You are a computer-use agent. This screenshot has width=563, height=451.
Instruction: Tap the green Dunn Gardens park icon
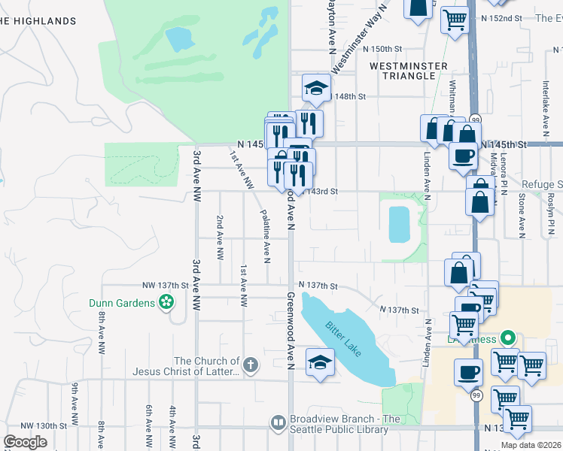(x=166, y=303)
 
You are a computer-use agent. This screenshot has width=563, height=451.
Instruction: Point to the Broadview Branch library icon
(x=278, y=423)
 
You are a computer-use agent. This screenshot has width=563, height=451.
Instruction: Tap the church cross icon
(x=251, y=366)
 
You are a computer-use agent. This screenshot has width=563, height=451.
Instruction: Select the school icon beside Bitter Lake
(x=320, y=363)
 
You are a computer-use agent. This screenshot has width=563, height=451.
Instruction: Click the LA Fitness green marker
(x=508, y=339)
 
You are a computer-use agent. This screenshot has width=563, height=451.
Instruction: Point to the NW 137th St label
(x=164, y=286)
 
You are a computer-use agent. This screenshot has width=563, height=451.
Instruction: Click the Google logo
(x=26, y=441)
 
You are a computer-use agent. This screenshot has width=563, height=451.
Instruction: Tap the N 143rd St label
(x=321, y=192)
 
